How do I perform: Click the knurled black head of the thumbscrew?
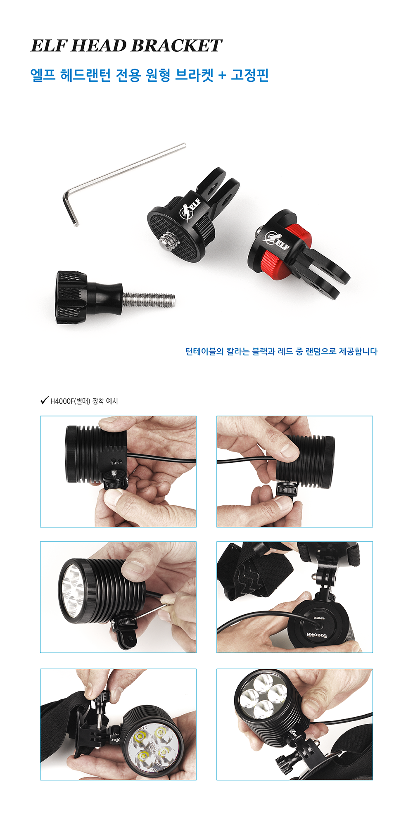pos(71,297)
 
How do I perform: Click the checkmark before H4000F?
pos(44,400)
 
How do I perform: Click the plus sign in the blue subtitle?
pos(222,76)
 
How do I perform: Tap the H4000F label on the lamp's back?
pos(317,635)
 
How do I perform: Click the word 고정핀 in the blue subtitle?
pos(250,75)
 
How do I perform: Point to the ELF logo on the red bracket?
pos(277,240)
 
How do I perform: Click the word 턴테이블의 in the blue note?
pos(204,352)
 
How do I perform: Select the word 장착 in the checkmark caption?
pos(98,401)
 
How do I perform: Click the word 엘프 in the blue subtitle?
pos(43,75)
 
